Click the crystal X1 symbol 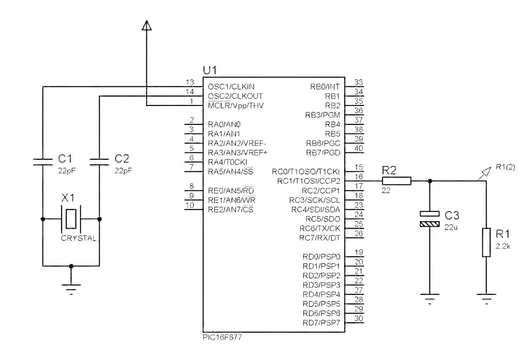tap(71, 218)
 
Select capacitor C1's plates tap(43, 161)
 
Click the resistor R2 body tap(396, 181)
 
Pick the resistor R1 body tap(486, 242)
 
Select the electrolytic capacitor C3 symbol tap(430, 218)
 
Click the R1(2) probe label tap(507, 167)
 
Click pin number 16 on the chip tap(358, 177)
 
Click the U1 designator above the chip tap(210, 70)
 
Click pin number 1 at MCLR tap(191, 102)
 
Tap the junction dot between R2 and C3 tap(430, 181)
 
